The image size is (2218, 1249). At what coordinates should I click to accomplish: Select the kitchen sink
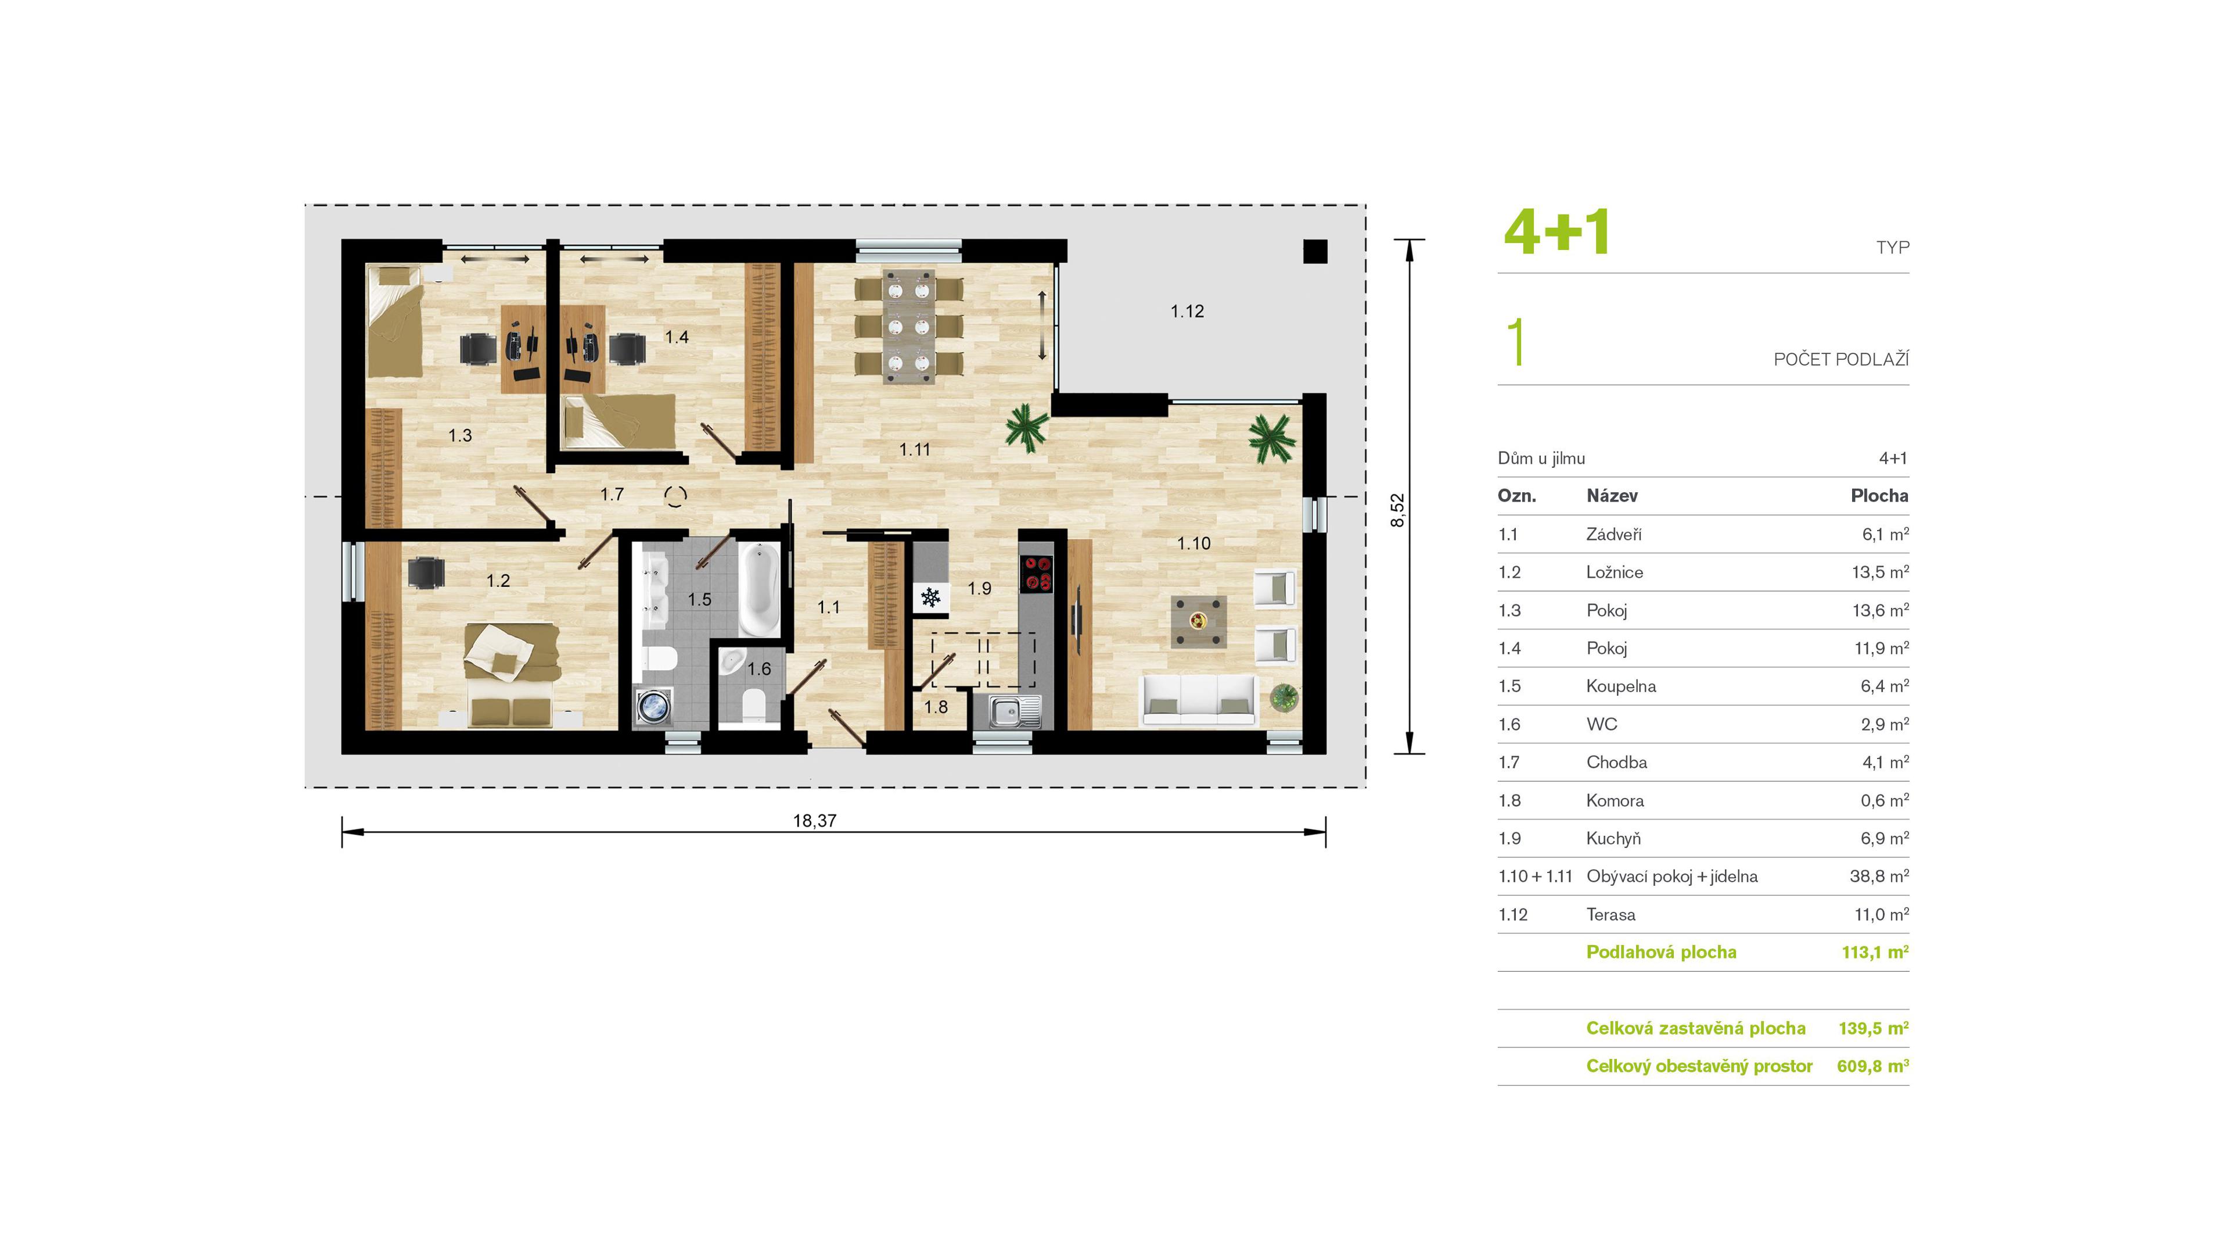click(x=1014, y=711)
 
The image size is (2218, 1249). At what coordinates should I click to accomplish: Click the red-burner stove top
click(x=1037, y=573)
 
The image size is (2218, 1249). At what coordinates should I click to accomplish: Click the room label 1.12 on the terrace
click(x=1187, y=311)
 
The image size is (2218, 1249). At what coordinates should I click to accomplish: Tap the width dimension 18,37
click(x=814, y=820)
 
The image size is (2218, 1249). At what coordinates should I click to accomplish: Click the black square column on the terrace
click(x=1315, y=250)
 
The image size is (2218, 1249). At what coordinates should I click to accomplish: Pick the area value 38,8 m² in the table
click(x=1879, y=876)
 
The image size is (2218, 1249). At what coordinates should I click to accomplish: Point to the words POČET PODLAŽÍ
click(x=1841, y=359)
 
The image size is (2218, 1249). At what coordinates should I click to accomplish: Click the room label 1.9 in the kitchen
click(x=980, y=588)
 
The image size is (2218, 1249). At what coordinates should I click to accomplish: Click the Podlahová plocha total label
click(x=1661, y=953)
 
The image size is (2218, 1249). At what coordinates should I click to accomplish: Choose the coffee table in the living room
click(x=1199, y=620)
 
